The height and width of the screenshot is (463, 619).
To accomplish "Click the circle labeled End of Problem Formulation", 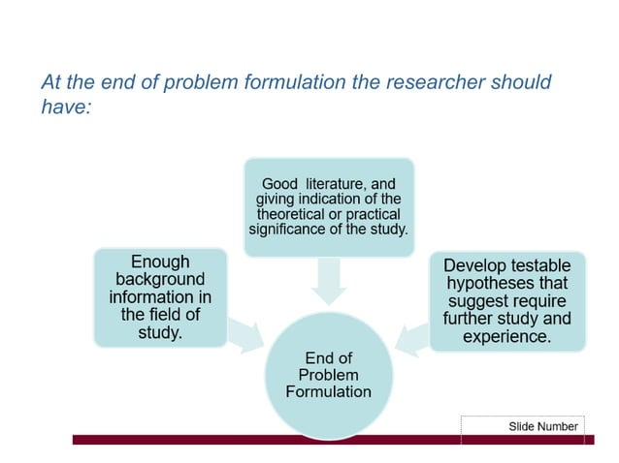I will (x=328, y=373).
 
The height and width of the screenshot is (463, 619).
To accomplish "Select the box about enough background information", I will (x=160, y=297).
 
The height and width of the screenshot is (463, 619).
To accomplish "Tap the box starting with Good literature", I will (x=328, y=206).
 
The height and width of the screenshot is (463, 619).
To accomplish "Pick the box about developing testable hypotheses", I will (x=506, y=300).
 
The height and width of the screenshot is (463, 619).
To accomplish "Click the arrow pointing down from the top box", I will (x=328, y=281).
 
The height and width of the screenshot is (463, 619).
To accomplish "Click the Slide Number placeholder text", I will (x=542, y=426).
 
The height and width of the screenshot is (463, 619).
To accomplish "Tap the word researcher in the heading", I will (x=427, y=81).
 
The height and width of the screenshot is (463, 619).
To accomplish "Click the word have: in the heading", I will (x=66, y=108).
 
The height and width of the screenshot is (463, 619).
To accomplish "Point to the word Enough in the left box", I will (x=160, y=262).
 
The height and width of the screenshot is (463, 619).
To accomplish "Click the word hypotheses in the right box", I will (x=506, y=283).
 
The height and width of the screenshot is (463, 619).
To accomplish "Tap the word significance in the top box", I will (x=290, y=230).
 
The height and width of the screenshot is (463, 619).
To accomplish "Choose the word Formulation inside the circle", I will (x=328, y=391).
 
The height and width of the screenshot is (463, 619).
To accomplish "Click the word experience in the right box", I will (x=506, y=337).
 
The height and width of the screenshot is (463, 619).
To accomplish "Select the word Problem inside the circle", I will (x=328, y=375).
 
